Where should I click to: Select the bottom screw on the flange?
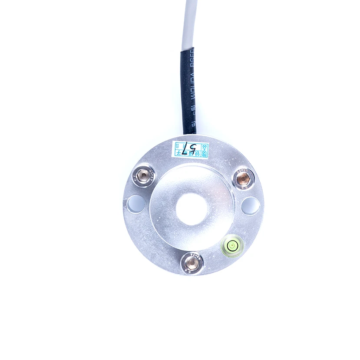192,261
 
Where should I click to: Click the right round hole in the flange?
251,205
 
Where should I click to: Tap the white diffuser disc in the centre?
192,209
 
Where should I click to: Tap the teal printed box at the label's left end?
178,149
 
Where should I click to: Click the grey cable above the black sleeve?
189,22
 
